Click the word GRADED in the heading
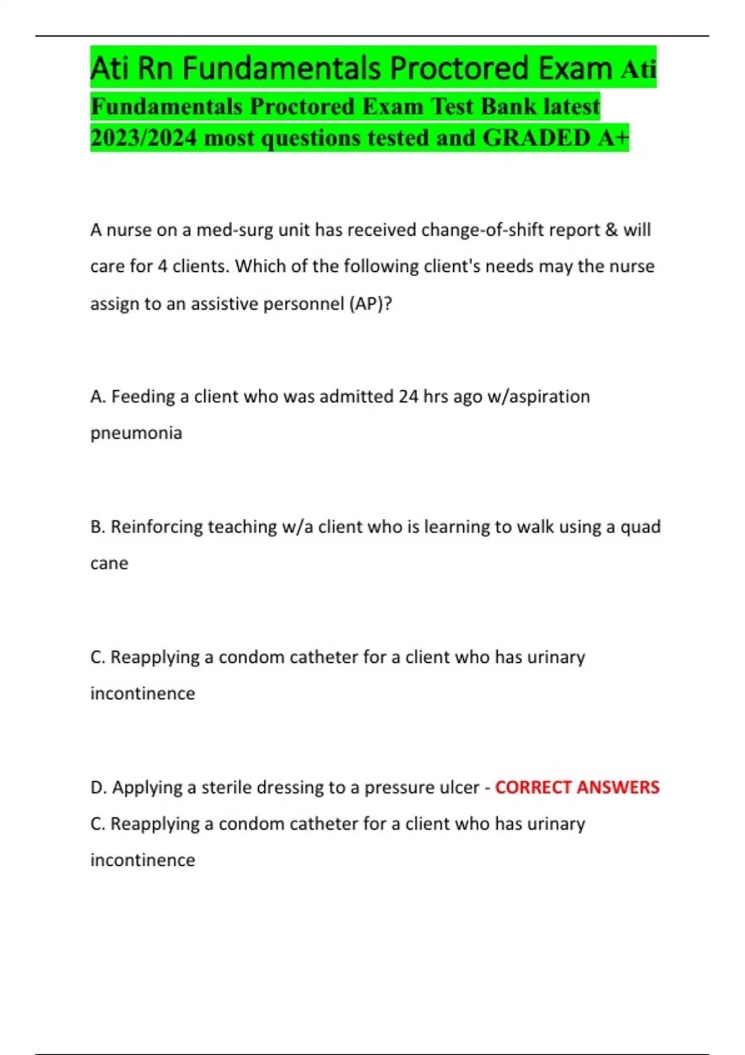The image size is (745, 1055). click(536, 138)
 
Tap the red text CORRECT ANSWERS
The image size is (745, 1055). click(577, 787)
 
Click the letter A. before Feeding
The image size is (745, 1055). click(98, 397)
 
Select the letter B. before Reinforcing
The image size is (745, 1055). click(98, 527)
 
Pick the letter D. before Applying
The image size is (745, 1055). click(99, 788)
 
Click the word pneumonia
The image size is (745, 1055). click(136, 433)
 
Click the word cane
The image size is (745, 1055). click(109, 563)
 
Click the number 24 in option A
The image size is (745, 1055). click(408, 397)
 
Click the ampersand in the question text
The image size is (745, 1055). click(612, 230)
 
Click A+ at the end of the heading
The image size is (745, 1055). click(614, 138)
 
